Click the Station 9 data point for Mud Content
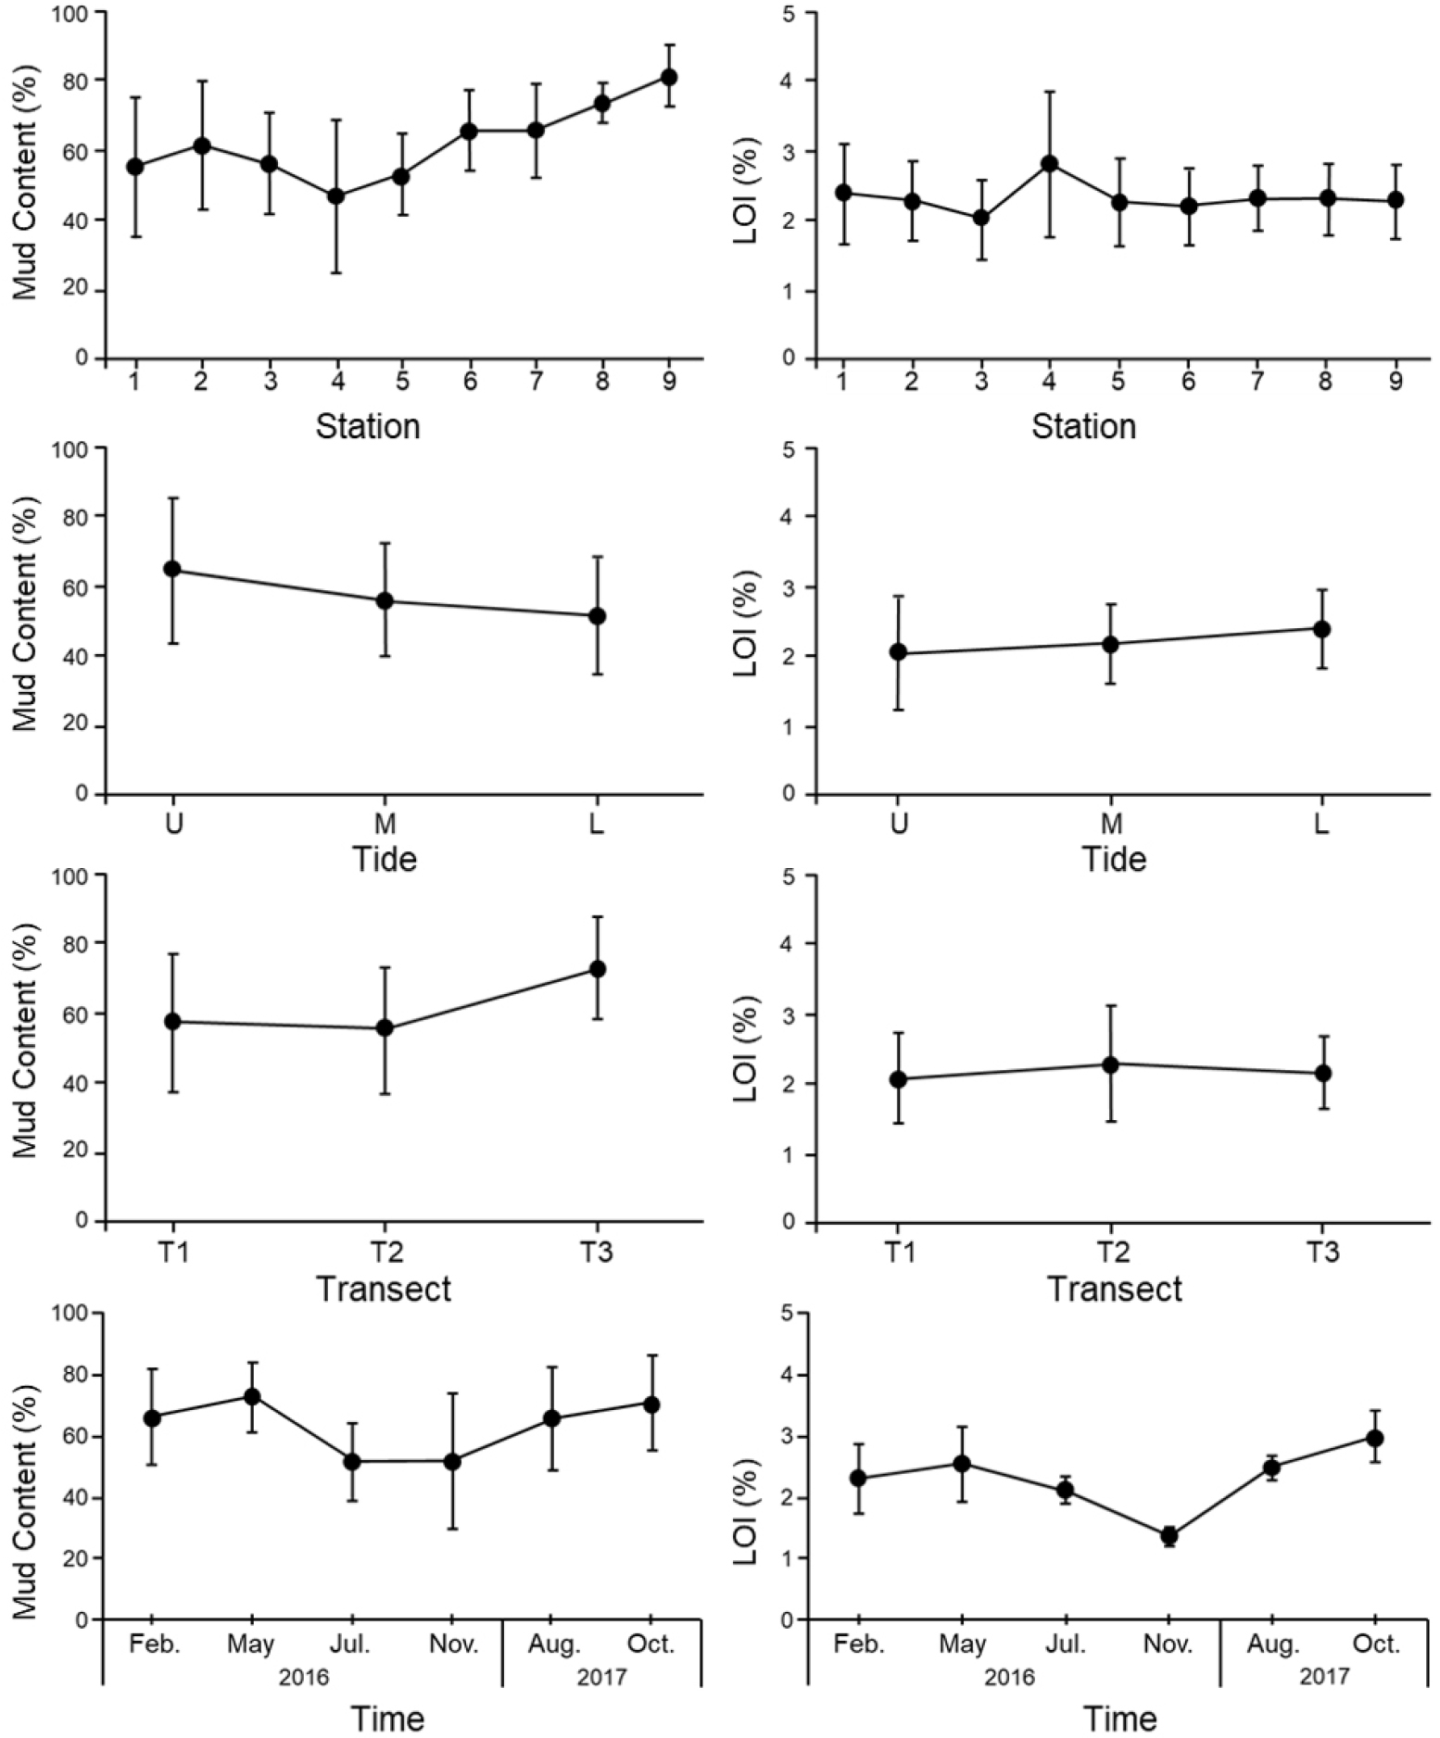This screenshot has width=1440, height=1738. click(x=668, y=77)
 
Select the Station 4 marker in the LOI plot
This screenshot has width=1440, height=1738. click(x=1050, y=164)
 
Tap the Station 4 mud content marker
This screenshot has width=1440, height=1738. click(x=336, y=196)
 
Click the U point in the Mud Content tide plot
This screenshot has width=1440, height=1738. click(x=172, y=569)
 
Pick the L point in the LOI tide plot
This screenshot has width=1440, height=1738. click(x=1322, y=629)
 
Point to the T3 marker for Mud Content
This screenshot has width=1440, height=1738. click(x=598, y=969)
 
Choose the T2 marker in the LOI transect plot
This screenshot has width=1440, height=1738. click(x=1110, y=1064)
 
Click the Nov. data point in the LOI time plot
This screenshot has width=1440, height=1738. click(x=1169, y=1536)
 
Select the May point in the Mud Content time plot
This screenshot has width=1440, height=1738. click(x=252, y=1396)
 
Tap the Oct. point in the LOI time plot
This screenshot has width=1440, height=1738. click(x=1376, y=1438)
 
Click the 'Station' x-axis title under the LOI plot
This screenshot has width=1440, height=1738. click(x=1083, y=426)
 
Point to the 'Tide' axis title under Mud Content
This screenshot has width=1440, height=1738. click(x=385, y=859)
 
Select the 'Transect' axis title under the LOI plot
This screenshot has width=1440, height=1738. click(x=1114, y=1289)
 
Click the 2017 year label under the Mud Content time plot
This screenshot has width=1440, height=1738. click(x=601, y=1677)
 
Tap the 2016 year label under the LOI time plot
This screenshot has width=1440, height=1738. click(x=1009, y=1677)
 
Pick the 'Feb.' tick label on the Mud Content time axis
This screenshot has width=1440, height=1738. click(x=155, y=1644)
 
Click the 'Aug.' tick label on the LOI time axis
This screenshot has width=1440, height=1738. click(x=1274, y=1644)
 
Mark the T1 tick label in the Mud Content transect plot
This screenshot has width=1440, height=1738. click(x=173, y=1253)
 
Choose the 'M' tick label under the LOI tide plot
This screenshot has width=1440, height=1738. click(x=1111, y=823)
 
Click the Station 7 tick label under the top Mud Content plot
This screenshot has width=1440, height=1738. click(x=536, y=381)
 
